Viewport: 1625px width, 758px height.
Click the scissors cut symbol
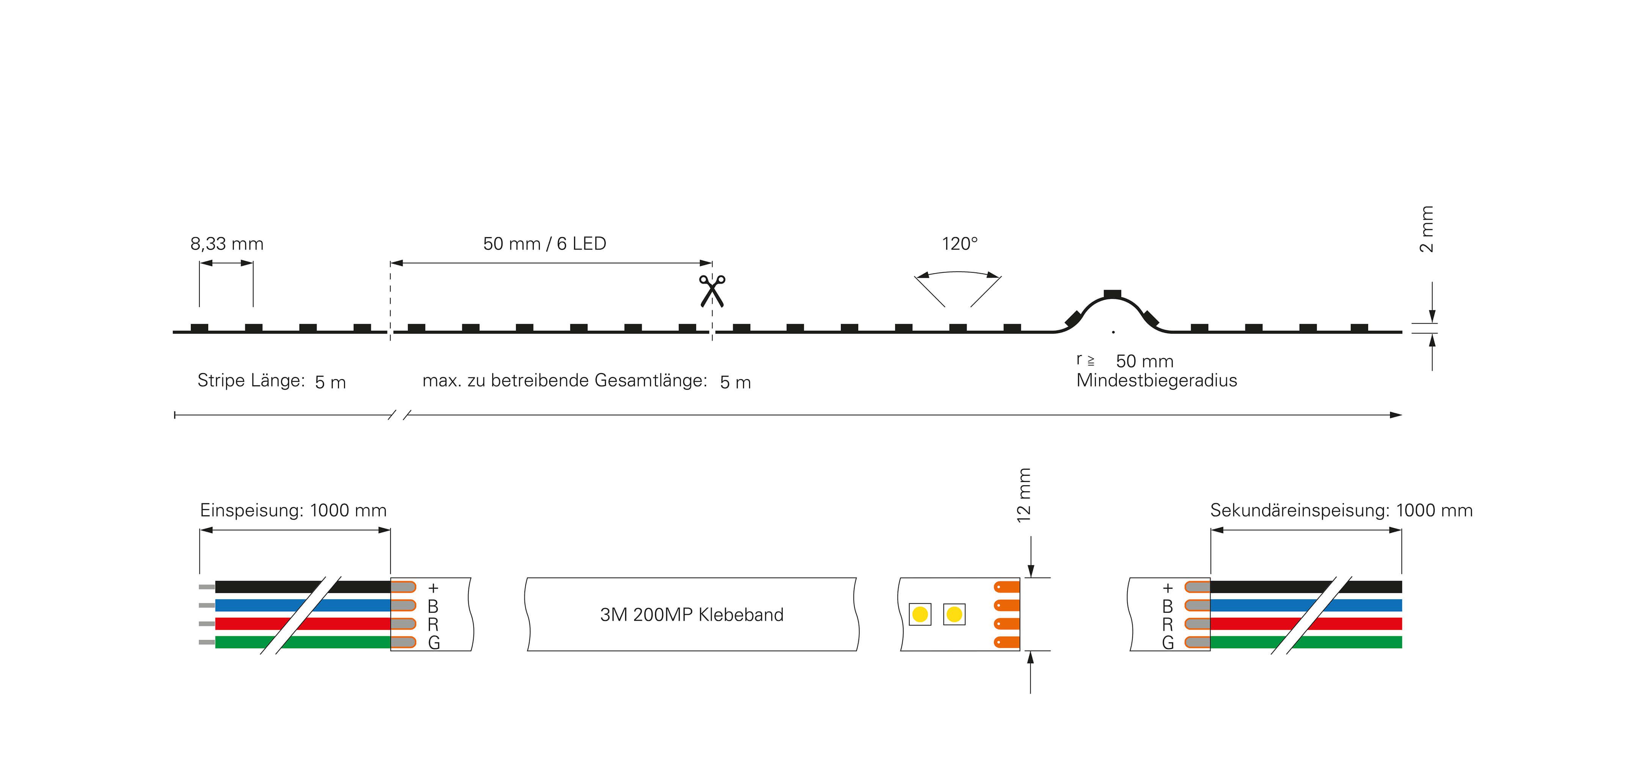(712, 291)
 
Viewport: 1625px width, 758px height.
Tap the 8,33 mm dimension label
(226, 244)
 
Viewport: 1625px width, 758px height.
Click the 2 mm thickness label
(1426, 229)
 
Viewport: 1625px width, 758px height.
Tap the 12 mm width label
(1024, 495)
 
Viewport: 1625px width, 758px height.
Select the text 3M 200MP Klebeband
(691, 615)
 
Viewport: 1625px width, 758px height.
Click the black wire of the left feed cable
(303, 587)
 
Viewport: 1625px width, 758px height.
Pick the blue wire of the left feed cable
(303, 605)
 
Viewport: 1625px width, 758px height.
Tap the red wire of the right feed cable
(1306, 624)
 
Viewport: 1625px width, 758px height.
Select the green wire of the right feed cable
(1306, 642)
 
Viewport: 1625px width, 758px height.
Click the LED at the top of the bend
(1112, 294)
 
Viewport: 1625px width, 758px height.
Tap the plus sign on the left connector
(433, 588)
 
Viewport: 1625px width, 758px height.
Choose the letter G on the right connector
(1168, 643)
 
